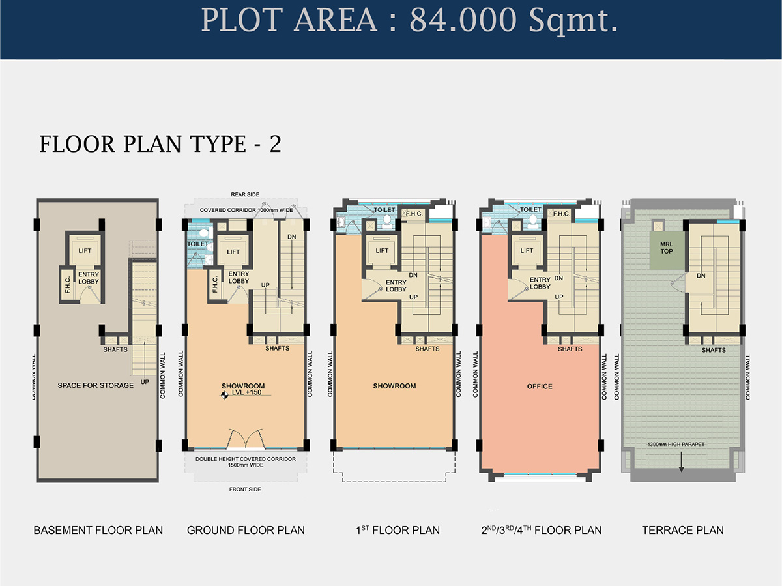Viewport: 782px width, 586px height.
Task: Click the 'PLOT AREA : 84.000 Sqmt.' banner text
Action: pos(409,21)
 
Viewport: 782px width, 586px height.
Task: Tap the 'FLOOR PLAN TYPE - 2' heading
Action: pos(160,144)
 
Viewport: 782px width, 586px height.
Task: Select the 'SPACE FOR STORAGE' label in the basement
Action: pos(96,385)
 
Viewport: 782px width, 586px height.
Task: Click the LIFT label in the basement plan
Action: pos(85,251)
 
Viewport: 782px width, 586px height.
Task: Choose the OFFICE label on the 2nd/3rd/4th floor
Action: pos(540,387)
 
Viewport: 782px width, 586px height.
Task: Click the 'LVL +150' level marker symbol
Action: pos(224,395)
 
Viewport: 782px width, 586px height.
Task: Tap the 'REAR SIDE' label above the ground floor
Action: pos(245,194)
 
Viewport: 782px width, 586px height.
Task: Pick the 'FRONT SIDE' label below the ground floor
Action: pos(245,490)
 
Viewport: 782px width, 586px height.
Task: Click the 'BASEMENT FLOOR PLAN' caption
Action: pos(98,530)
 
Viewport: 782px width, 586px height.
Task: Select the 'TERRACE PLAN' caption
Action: pos(682,530)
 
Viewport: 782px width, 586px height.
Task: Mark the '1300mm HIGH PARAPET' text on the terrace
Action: pos(676,444)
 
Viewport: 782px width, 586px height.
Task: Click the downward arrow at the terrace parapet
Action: pos(681,462)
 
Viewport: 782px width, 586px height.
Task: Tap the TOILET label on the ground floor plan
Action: pos(197,244)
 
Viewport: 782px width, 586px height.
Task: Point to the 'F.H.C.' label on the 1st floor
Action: pos(414,214)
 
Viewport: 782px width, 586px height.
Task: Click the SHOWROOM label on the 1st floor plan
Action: pos(394,386)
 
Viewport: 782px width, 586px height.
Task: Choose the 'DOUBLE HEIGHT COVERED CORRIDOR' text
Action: pos(246,459)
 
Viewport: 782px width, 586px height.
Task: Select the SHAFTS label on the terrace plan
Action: pos(714,350)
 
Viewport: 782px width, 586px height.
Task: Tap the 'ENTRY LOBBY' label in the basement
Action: pos(89,278)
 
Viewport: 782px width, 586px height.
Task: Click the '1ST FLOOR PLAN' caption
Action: pos(398,530)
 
